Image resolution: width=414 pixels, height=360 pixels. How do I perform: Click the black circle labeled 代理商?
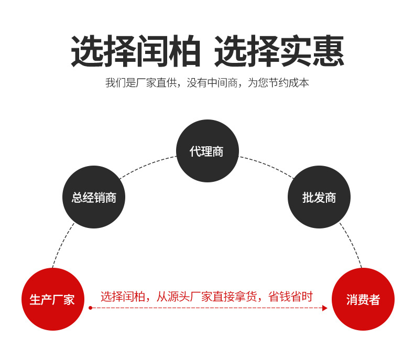coord(207,151)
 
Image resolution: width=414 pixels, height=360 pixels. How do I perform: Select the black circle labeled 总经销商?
coord(94,198)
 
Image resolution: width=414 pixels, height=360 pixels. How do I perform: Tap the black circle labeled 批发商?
coord(319,198)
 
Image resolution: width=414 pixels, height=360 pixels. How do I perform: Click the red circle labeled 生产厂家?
coord(52,299)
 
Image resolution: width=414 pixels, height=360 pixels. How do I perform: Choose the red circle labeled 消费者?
coord(363,299)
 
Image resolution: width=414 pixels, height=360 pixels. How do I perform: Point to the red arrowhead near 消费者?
coord(325,308)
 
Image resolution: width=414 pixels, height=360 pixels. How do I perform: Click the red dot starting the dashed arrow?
coord(90,308)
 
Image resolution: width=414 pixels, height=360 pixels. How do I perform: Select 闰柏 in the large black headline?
coord(168,51)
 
